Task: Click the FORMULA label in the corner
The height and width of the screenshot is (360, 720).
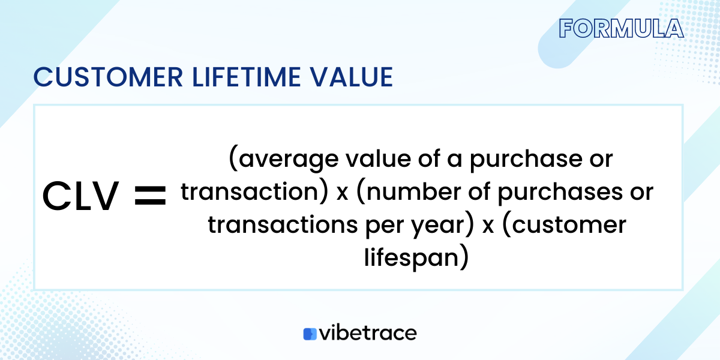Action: pyautogui.click(x=620, y=29)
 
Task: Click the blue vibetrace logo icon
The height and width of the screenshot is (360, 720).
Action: pyautogui.click(x=310, y=334)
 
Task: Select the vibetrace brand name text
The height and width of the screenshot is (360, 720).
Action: pyautogui.click(x=367, y=333)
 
